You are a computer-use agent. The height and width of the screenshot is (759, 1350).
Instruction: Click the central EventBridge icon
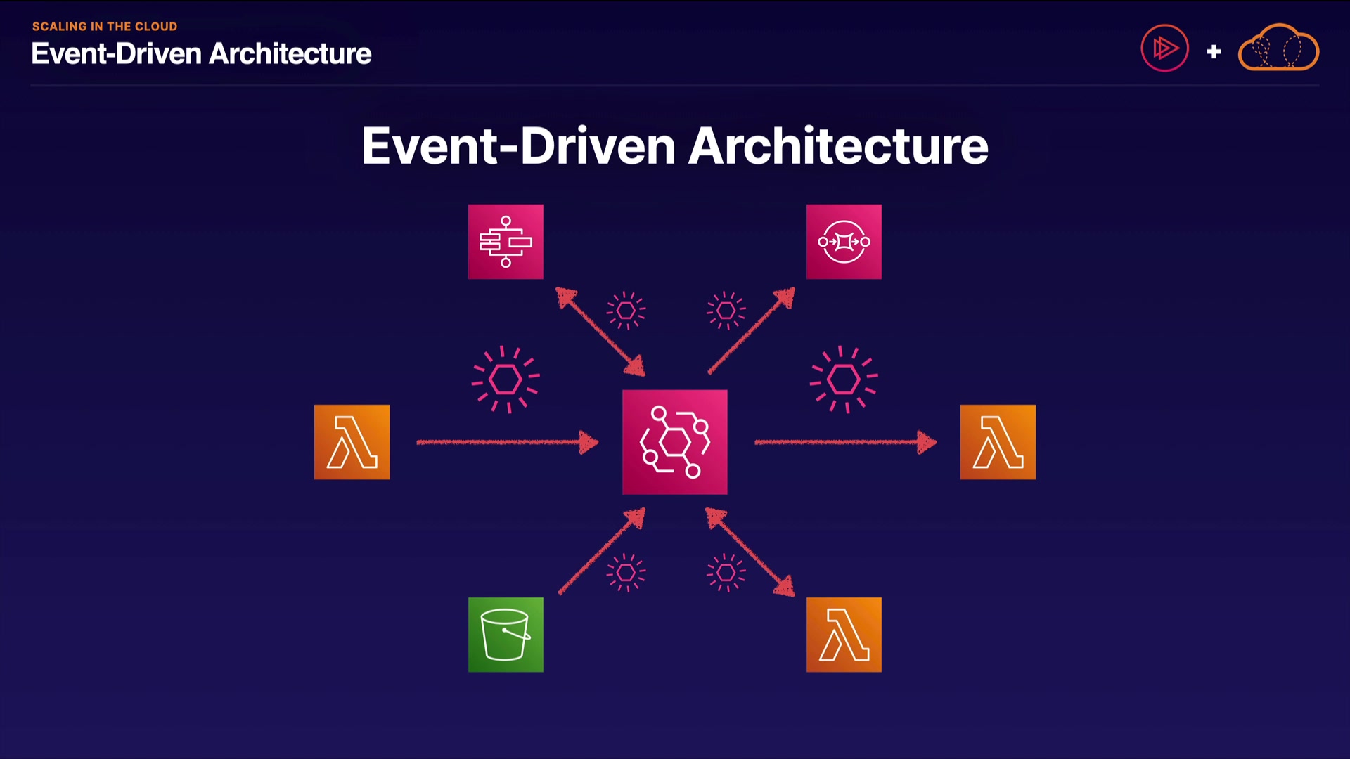tap(674, 442)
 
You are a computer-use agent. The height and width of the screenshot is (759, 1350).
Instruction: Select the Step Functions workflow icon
tap(506, 242)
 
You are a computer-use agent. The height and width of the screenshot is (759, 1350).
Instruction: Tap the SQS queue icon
tap(844, 242)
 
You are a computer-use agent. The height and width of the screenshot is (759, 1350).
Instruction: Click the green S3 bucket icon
tap(506, 635)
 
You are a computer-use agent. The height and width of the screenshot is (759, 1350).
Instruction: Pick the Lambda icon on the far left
tap(352, 442)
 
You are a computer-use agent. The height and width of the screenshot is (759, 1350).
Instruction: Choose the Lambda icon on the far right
tap(998, 442)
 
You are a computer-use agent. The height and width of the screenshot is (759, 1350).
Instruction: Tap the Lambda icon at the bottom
tap(844, 635)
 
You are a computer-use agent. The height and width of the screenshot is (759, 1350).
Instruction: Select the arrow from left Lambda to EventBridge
tap(506, 442)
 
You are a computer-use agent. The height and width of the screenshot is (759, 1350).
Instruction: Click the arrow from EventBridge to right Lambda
tap(844, 442)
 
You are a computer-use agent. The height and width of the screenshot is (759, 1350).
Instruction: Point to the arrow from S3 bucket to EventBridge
tap(601, 552)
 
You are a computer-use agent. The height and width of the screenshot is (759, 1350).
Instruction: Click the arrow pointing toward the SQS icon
tap(751, 330)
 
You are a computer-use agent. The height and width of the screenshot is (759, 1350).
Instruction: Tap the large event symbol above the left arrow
tap(505, 379)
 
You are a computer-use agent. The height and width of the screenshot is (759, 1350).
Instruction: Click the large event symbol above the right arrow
tap(843, 379)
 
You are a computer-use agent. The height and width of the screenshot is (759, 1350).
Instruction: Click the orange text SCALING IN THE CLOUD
tap(105, 27)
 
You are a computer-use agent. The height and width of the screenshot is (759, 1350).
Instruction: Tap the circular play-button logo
tap(1164, 48)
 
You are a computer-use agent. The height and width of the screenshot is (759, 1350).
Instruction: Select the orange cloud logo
tap(1278, 48)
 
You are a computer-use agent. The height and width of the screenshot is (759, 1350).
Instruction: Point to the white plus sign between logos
tap(1214, 51)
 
